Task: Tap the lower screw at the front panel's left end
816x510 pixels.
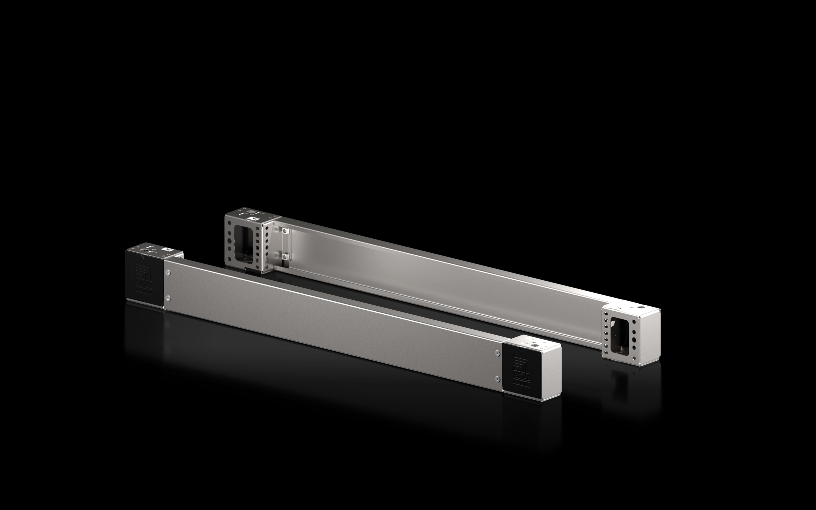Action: click(x=168, y=298)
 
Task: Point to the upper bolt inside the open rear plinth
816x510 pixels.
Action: click(x=285, y=231)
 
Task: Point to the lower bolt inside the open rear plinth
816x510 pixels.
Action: click(x=285, y=257)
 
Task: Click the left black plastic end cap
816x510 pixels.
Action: click(x=144, y=280)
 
